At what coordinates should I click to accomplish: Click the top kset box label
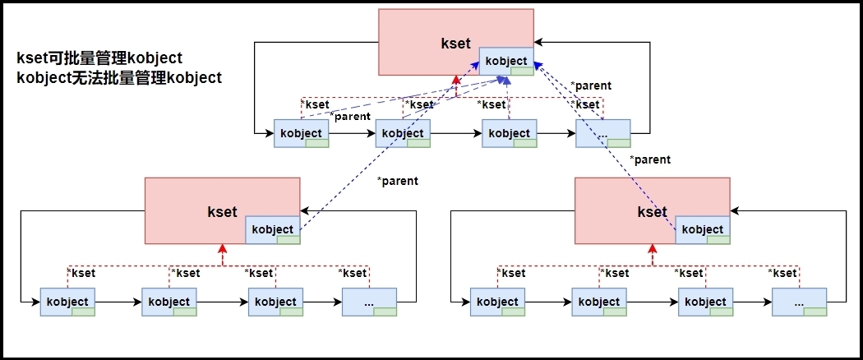[x=455, y=44]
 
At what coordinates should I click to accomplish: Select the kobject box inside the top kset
[x=506, y=62]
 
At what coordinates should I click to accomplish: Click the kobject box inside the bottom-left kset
[x=273, y=229]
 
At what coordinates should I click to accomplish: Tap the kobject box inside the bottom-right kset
[x=703, y=229]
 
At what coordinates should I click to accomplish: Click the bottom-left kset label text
[x=222, y=211]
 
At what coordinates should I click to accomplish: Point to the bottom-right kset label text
[x=652, y=211]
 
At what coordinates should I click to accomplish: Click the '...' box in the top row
[x=603, y=133]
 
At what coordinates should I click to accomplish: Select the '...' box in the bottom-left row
[x=369, y=302]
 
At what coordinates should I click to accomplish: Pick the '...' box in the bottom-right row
[x=800, y=302]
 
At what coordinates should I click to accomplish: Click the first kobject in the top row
[x=302, y=133]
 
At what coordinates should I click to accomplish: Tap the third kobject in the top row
[x=510, y=133]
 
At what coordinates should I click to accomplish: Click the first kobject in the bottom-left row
[x=68, y=302]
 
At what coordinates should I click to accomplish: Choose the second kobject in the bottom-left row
[x=169, y=302]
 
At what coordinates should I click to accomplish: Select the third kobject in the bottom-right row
[x=706, y=302]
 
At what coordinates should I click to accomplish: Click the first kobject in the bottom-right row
[x=498, y=302]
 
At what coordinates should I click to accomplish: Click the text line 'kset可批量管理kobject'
[x=99, y=59]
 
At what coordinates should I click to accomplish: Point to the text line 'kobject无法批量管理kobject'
[x=119, y=78]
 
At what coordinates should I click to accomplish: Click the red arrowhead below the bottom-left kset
[x=222, y=248]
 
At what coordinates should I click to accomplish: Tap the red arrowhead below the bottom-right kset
[x=652, y=248]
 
